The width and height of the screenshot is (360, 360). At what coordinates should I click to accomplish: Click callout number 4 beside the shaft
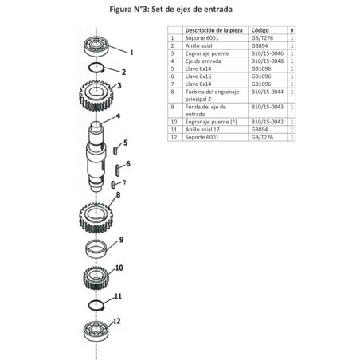(x=117, y=116)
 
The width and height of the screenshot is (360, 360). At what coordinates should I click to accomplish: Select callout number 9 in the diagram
(x=121, y=239)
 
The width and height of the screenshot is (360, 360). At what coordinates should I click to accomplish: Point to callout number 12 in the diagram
(x=117, y=321)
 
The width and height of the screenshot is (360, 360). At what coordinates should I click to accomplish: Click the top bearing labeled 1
(x=100, y=46)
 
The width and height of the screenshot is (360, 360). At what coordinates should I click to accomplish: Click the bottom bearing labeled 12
(x=96, y=329)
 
